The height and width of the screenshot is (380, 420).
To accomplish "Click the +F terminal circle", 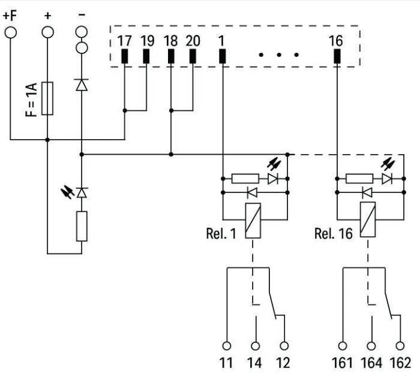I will (11, 31).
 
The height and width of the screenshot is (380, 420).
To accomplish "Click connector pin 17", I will (124, 56).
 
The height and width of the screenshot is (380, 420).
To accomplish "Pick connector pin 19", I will (147, 56).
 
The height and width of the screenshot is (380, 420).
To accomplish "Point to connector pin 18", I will (171, 56).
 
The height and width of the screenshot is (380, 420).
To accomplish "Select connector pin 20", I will (193, 56).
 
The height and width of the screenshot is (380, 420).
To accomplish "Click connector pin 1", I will (222, 56).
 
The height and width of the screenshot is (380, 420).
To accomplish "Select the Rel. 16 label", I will (332, 233).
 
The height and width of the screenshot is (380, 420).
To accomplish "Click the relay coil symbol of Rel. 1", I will (253, 220).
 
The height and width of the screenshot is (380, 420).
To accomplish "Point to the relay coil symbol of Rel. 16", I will (367, 220).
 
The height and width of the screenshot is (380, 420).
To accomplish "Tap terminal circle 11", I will (227, 346).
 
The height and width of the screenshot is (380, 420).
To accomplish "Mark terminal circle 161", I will (343, 346).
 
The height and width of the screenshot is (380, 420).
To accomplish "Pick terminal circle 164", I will (371, 346).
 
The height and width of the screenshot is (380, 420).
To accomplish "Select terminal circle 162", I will (400, 346).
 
